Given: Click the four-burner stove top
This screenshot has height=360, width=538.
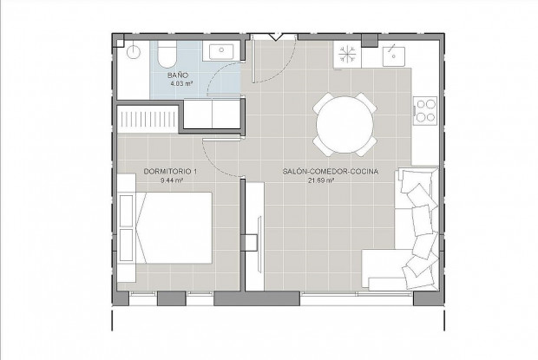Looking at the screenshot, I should [426, 110].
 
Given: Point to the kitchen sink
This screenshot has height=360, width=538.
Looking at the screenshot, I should [391, 55].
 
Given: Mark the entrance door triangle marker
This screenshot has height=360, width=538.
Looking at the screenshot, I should [275, 36].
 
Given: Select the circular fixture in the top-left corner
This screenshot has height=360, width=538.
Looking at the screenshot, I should [132, 52].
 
